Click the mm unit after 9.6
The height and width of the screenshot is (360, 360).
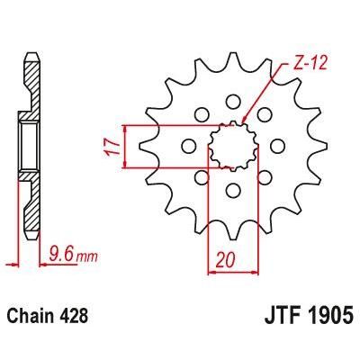click(86, 257)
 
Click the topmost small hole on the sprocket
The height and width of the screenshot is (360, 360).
click(232, 101)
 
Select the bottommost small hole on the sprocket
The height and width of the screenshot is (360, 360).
click(232, 189)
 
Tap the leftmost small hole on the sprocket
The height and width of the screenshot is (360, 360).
click(188, 145)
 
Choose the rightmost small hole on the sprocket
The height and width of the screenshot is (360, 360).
click(276, 145)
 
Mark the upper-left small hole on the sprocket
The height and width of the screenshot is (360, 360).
click(201, 113)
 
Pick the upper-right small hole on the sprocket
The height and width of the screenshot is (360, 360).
click(264, 113)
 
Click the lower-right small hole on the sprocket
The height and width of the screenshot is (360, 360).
click(264, 176)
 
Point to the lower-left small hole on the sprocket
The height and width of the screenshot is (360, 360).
click(201, 176)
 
